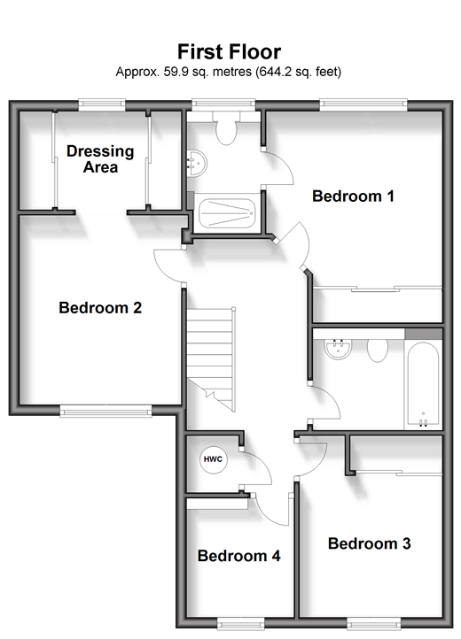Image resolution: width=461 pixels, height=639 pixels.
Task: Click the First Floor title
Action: [x=229, y=51]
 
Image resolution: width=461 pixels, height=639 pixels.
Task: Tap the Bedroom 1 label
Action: [x=353, y=196]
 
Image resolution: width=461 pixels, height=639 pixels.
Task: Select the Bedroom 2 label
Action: [x=100, y=308]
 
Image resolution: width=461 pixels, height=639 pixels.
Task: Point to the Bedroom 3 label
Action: [x=369, y=543]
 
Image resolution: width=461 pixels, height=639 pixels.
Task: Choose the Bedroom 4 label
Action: [x=238, y=556]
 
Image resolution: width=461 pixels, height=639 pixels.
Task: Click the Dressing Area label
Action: [x=100, y=159]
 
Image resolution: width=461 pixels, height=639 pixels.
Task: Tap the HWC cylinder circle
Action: [x=213, y=459]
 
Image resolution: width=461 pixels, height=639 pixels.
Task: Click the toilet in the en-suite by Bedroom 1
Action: [x=226, y=128]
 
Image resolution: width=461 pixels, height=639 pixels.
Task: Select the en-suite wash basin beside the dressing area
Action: [x=197, y=164]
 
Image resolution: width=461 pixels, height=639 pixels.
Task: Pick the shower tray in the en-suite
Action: [x=227, y=213]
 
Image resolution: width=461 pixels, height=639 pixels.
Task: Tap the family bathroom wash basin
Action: [x=337, y=349]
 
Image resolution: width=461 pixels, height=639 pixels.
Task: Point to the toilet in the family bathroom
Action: [x=378, y=350]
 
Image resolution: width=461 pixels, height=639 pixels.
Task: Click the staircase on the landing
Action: [x=211, y=359]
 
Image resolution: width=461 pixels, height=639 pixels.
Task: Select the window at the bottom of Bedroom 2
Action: [x=105, y=411]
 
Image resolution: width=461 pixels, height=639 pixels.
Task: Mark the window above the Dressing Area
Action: [x=102, y=105]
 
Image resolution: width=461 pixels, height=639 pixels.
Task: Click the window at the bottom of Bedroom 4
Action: [x=240, y=622]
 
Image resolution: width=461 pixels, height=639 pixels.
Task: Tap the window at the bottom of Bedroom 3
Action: [x=373, y=622]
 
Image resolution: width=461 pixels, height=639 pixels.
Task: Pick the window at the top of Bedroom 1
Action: [x=363, y=105]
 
